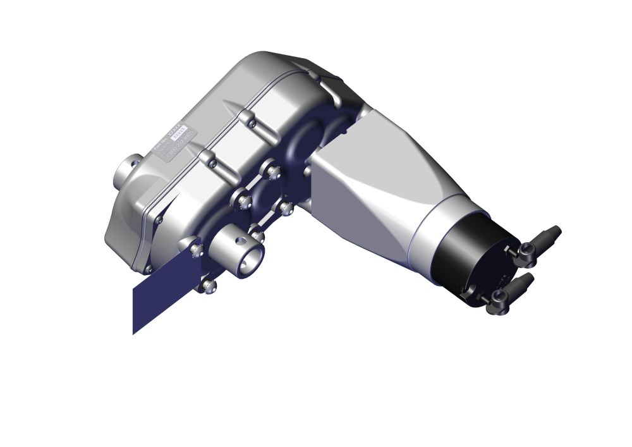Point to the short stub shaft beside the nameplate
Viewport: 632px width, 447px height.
(126, 173)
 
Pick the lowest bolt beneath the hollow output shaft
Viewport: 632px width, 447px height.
(209, 286)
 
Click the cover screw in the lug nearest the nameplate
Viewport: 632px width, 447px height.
(212, 163)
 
